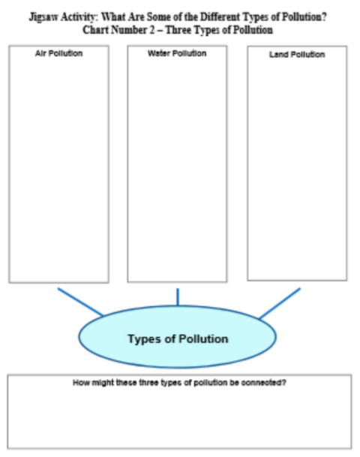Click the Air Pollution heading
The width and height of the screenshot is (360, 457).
pyautogui.click(x=58, y=53)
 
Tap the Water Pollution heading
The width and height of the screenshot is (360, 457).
pyautogui.click(x=177, y=53)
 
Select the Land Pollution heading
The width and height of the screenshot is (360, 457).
pyautogui.click(x=297, y=55)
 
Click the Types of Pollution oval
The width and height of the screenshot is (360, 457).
pyautogui.click(x=178, y=337)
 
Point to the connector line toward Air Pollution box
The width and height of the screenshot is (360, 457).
pyautogui.click(x=80, y=302)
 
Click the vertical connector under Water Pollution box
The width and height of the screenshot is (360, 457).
pyautogui.click(x=178, y=297)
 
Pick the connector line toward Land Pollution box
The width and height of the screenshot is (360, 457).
pyautogui.click(x=280, y=303)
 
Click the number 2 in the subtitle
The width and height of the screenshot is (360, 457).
pyautogui.click(x=152, y=30)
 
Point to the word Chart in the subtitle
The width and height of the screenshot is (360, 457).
pyautogui.click(x=95, y=30)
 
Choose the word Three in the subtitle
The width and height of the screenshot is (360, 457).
pyautogui.click(x=178, y=30)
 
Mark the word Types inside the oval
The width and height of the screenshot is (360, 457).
pyautogui.click(x=145, y=339)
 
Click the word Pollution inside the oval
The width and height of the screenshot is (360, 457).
pyautogui.click(x=203, y=338)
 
